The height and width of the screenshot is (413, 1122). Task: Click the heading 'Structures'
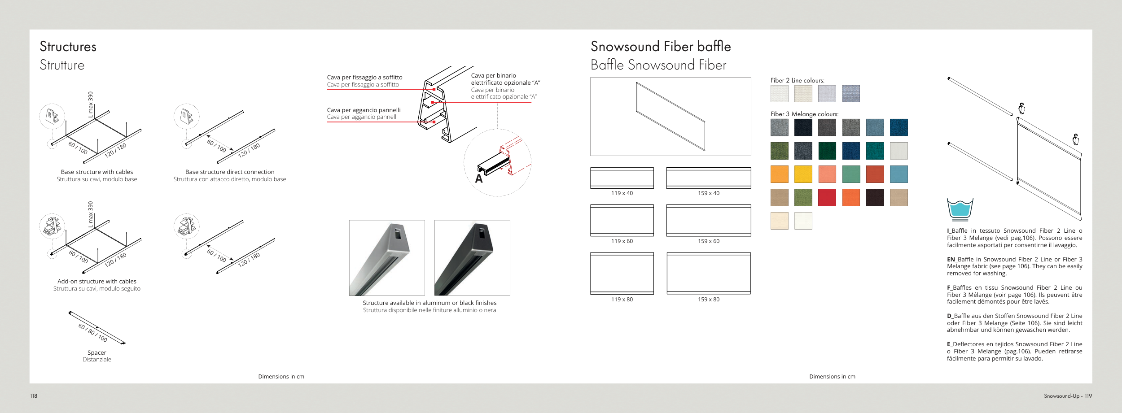[x=68, y=47]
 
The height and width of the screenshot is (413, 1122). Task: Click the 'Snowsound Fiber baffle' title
[x=660, y=47]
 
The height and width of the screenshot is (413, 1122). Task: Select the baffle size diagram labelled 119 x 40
[x=622, y=178]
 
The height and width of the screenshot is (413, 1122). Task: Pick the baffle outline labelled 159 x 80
[x=708, y=273]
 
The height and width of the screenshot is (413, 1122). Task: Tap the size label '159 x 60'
[x=708, y=241]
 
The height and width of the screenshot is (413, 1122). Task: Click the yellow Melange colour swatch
[x=803, y=174]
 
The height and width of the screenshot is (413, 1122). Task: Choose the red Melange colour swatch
[x=827, y=197]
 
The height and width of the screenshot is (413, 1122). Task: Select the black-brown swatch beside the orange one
[x=875, y=197]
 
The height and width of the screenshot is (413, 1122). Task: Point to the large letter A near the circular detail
[x=479, y=179]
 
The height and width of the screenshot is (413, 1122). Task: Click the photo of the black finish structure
[x=472, y=258]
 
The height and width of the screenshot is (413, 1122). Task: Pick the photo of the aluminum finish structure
[x=387, y=258]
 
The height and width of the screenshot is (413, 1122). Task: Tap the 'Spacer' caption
[x=97, y=352]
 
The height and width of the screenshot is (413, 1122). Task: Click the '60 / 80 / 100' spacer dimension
[x=93, y=332]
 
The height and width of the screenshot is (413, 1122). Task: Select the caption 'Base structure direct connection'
[x=230, y=172]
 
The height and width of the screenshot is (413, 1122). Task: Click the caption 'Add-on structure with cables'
[x=97, y=281]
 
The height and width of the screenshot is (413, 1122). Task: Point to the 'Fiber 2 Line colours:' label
[x=797, y=81]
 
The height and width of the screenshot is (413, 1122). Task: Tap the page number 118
[x=34, y=396]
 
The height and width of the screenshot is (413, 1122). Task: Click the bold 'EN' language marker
[x=951, y=259]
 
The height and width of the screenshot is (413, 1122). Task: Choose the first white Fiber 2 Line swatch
[x=779, y=94]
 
